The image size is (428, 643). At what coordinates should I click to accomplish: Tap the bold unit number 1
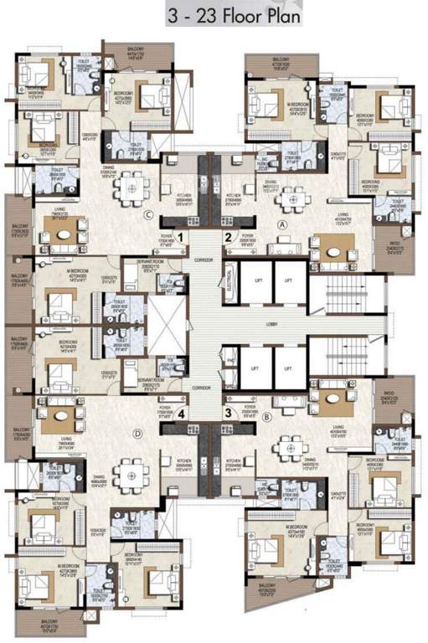[180, 238]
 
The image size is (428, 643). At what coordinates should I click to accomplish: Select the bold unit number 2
[227, 238]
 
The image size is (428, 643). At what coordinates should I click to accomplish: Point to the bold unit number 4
[180, 410]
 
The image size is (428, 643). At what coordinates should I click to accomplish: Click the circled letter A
[281, 225]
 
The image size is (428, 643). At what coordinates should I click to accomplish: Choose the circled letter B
[267, 415]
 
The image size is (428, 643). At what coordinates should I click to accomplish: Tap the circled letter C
[147, 215]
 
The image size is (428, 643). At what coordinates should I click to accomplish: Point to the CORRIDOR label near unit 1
[202, 260]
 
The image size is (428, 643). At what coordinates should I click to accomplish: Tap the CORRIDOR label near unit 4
[201, 389]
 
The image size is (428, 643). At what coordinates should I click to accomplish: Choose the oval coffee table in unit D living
[60, 412]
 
